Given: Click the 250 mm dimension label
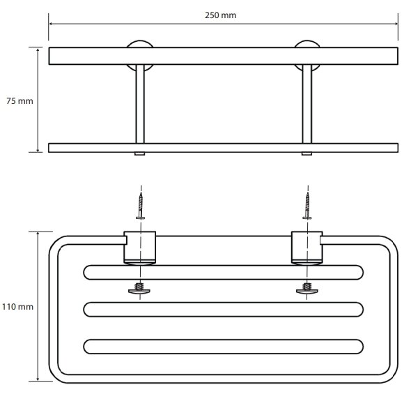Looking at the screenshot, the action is click(x=220, y=15).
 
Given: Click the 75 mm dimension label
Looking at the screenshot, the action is click(x=20, y=101).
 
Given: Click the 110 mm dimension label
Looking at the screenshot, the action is click(x=18, y=307).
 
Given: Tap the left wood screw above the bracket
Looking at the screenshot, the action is click(x=141, y=206).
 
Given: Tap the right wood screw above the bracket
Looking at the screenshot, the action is click(x=307, y=206).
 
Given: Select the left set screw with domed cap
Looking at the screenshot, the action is click(x=139, y=289).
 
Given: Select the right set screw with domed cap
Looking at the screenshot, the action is click(x=307, y=289).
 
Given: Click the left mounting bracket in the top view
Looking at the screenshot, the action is click(x=140, y=248).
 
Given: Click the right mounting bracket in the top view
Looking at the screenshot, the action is click(x=307, y=248).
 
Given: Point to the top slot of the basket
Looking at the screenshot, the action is click(x=224, y=273).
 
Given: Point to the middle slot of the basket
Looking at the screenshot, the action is click(x=224, y=310).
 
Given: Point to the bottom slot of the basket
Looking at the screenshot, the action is click(x=224, y=347).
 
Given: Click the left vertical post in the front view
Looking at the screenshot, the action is click(x=140, y=104).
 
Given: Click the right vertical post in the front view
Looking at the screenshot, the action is click(x=307, y=104).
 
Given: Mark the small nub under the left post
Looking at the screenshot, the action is click(x=140, y=154).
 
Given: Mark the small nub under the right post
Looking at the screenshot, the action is click(x=307, y=154).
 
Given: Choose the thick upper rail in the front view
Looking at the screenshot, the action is click(x=224, y=56).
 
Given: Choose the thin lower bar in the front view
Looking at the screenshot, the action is click(x=224, y=148).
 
